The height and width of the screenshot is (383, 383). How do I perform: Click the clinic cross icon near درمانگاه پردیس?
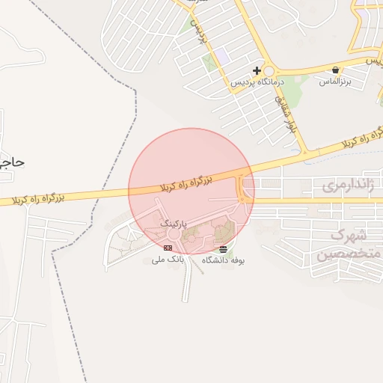(257, 70)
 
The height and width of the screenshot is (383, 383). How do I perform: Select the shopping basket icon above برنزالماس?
(334, 70)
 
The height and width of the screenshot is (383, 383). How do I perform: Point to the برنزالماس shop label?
(334, 80)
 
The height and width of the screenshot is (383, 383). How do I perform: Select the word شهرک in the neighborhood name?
(347, 236)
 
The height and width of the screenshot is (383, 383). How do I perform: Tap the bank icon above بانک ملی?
(168, 247)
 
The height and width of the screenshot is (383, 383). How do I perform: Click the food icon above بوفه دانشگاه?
(224, 248)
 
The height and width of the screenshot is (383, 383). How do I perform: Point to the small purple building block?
(223, 56)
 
